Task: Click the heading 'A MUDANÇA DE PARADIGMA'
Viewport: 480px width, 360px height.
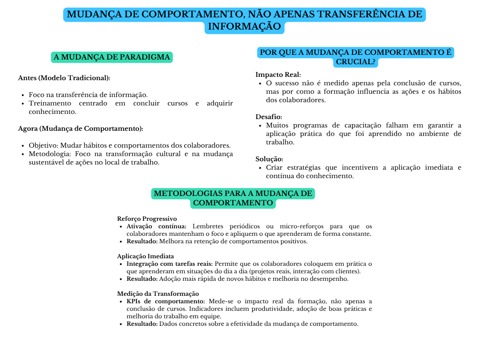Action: click(112, 57)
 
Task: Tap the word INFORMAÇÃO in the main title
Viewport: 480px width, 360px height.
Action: click(245, 27)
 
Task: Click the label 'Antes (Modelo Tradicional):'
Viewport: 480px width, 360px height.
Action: click(64, 78)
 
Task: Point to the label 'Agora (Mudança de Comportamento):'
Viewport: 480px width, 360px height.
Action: click(81, 128)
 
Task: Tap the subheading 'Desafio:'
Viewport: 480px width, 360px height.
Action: click(269, 117)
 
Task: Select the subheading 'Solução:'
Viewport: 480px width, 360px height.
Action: click(269, 159)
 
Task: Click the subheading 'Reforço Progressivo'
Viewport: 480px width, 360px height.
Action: click(147, 218)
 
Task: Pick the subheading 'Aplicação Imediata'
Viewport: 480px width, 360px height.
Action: click(145, 256)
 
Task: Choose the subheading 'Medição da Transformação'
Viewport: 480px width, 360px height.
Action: click(154, 293)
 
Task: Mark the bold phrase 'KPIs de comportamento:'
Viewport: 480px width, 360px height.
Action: click(165, 301)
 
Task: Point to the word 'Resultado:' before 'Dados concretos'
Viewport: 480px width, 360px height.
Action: click(142, 323)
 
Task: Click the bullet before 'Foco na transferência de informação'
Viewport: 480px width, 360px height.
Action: click(23, 95)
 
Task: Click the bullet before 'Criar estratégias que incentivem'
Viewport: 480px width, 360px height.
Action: click(260, 168)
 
